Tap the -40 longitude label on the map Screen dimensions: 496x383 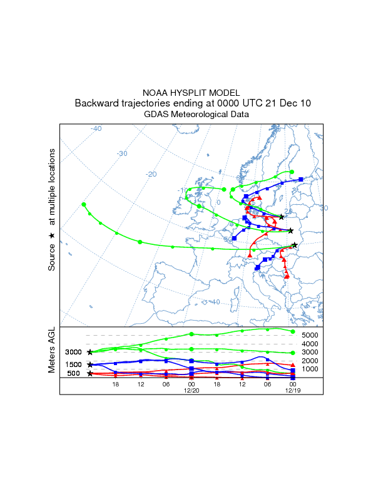(x=96, y=128)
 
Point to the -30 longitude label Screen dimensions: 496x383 (x=122, y=153)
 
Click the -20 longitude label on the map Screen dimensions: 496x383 (x=151, y=174)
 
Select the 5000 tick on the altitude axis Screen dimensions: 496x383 (x=310, y=336)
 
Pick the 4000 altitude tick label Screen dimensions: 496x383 (x=310, y=344)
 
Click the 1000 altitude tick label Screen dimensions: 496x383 (x=310, y=369)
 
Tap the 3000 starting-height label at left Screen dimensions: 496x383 (x=74, y=353)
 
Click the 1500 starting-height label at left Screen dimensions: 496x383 (x=74, y=364)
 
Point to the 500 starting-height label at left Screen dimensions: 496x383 (x=74, y=374)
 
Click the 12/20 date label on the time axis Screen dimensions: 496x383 (x=191, y=390)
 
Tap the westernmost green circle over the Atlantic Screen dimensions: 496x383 (x=84, y=204)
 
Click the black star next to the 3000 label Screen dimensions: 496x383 (x=90, y=353)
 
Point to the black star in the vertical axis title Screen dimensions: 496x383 (x=53, y=235)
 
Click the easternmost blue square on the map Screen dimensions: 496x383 (x=301, y=180)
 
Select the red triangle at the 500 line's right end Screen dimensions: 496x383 (x=293, y=364)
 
